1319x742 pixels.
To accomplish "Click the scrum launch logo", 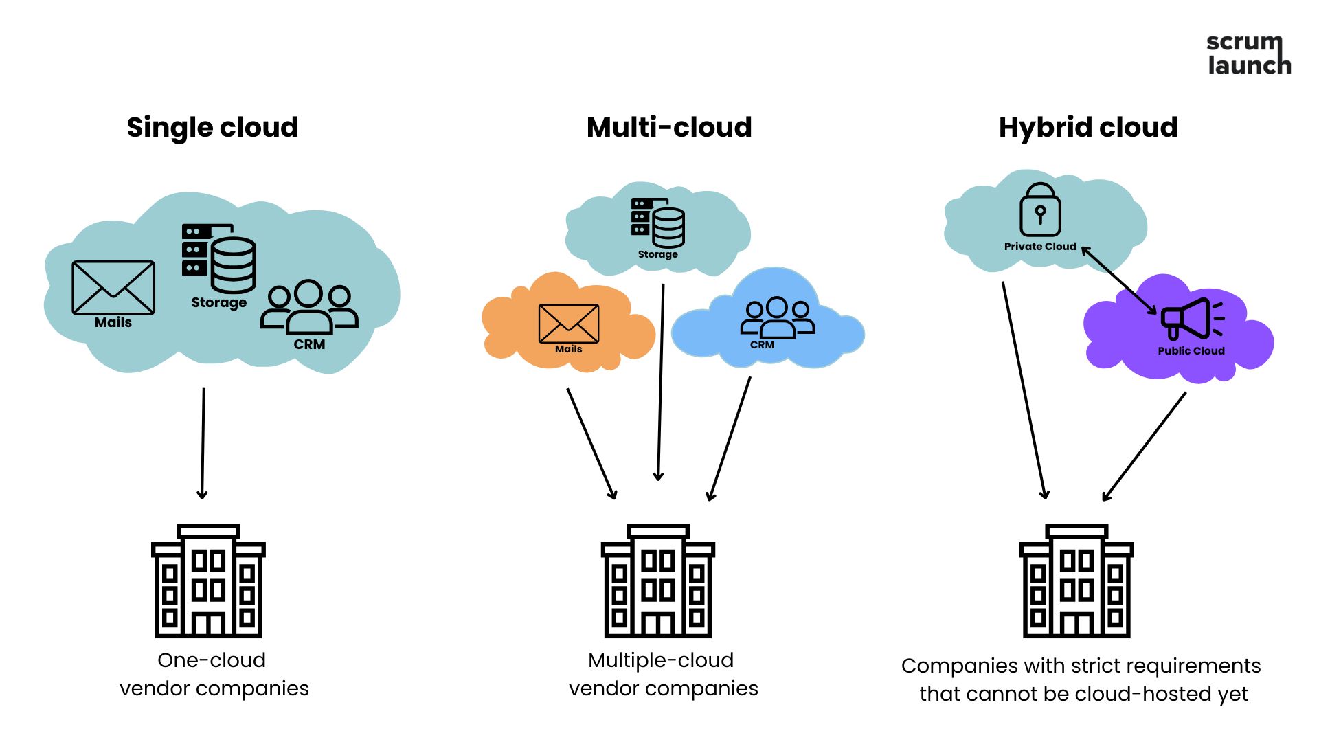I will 1248,54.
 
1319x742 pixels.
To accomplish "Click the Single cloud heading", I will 212,128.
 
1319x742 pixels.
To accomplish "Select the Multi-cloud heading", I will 669,128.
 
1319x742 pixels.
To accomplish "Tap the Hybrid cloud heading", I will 1088,128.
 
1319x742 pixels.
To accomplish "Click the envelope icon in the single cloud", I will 113,287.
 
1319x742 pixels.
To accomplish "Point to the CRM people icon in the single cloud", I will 309,306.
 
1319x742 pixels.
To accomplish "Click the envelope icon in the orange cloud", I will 569,324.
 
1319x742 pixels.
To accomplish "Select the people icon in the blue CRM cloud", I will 777,317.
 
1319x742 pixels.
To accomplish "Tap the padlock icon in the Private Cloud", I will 1040,210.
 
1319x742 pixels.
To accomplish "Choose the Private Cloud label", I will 1040,247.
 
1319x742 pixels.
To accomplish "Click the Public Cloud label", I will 1191,351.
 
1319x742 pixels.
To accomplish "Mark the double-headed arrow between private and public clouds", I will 1120,281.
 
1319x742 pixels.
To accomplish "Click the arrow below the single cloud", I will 203,444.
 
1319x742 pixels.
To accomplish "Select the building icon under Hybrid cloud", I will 1076,581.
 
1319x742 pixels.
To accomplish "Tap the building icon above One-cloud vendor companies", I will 208,581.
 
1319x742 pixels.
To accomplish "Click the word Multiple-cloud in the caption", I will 661,660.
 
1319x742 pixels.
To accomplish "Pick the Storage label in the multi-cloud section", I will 658,254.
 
